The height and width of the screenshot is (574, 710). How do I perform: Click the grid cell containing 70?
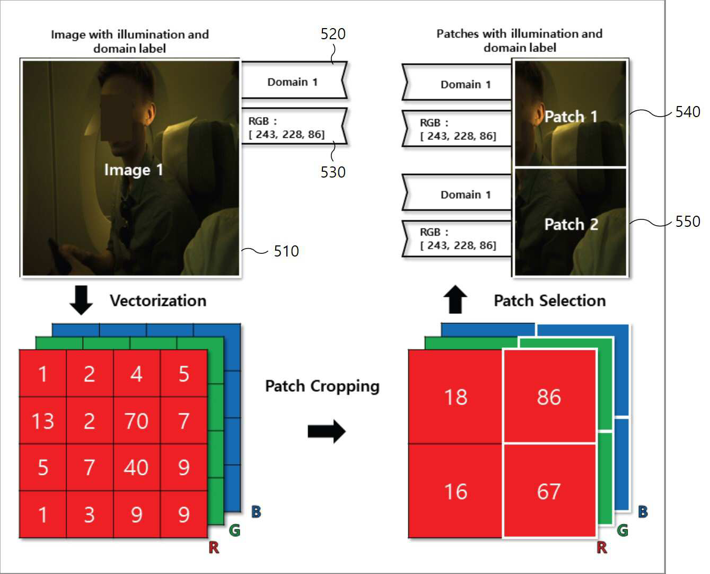click(137, 420)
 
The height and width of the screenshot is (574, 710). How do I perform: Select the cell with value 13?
click(42, 420)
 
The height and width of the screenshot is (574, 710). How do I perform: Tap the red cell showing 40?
click(137, 467)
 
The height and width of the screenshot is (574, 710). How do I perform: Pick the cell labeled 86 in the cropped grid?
click(549, 396)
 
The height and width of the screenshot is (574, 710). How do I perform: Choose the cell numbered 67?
click(549, 491)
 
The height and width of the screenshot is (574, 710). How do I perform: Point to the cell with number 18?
click(455, 396)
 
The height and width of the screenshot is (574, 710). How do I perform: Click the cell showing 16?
click(455, 491)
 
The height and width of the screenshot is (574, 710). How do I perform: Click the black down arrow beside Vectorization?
click(81, 300)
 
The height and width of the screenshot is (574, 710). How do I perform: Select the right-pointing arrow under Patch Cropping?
click(326, 431)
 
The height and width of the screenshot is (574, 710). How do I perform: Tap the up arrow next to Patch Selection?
click(455, 299)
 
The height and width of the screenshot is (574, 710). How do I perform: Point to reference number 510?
click(286, 251)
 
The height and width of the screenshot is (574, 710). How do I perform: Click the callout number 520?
click(333, 34)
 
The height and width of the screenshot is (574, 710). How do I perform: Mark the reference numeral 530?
click(333, 172)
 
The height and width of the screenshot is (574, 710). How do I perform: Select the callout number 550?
click(688, 222)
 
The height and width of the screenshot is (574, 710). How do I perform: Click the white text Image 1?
click(133, 170)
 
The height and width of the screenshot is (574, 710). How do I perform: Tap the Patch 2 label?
click(571, 224)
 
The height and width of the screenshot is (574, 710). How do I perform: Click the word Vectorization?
click(158, 301)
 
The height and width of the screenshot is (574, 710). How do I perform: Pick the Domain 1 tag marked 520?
click(294, 80)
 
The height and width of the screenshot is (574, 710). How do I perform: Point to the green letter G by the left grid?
click(234, 530)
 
